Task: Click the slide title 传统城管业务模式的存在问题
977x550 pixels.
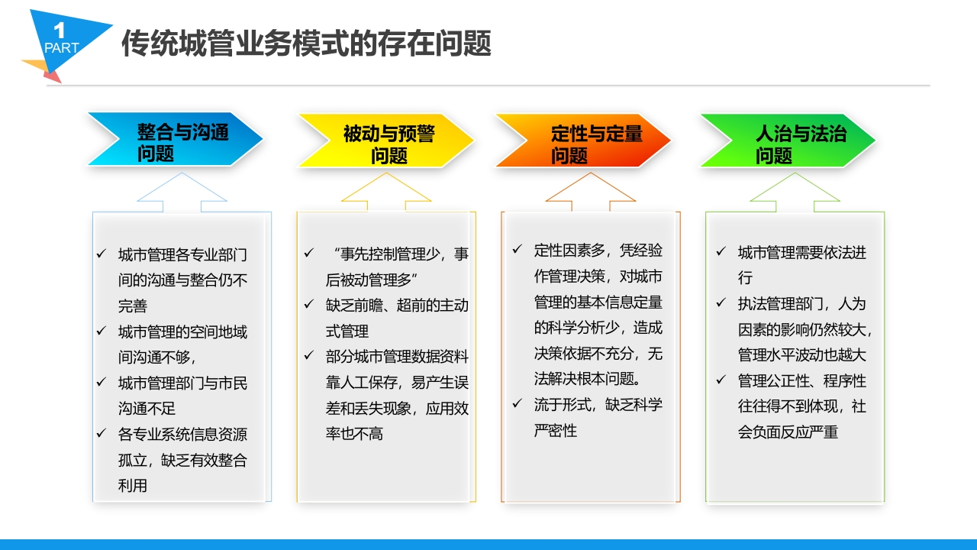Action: (306, 44)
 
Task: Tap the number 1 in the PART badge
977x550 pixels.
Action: (60, 31)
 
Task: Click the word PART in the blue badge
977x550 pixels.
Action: (62, 47)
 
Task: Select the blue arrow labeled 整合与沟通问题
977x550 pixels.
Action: (176, 139)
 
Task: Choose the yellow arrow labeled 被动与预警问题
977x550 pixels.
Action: (386, 140)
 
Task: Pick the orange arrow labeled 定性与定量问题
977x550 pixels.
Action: (583, 140)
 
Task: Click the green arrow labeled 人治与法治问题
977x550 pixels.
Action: (788, 140)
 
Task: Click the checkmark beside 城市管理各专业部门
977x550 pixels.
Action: (102, 253)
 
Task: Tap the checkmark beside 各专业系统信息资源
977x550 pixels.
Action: (102, 433)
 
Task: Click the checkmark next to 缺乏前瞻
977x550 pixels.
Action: (309, 304)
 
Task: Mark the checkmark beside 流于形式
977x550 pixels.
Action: (518, 403)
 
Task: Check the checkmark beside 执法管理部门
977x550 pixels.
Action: (721, 302)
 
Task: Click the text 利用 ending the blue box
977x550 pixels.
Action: (133, 485)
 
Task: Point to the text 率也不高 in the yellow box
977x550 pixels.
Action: (354, 434)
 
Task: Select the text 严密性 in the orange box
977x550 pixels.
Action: (555, 431)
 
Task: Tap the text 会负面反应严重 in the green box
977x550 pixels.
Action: (788, 432)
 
